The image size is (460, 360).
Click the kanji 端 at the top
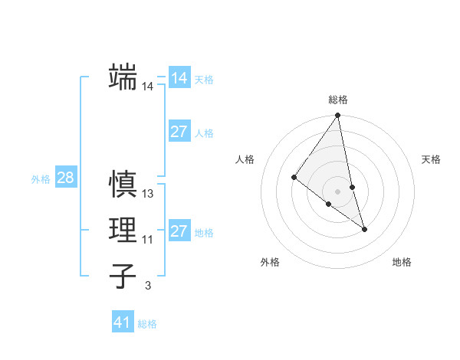click(x=123, y=77)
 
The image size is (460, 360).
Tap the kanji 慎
click(x=123, y=185)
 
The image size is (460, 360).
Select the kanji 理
click(x=123, y=230)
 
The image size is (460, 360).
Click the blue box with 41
click(x=123, y=322)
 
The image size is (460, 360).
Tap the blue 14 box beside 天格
click(x=179, y=78)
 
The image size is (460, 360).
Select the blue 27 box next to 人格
click(x=179, y=132)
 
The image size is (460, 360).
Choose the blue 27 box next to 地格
click(x=179, y=231)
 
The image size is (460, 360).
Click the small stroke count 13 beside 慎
click(x=148, y=195)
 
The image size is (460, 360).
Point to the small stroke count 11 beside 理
click(x=148, y=240)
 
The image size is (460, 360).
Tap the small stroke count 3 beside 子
click(x=148, y=286)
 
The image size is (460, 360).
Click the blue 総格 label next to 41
click(x=147, y=324)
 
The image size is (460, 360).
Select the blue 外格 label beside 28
click(x=41, y=179)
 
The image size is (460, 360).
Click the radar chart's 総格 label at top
click(x=338, y=100)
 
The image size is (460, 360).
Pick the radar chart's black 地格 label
click(x=402, y=263)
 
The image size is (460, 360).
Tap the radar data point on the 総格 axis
click(x=338, y=116)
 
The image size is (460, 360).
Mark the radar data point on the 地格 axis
click(x=364, y=229)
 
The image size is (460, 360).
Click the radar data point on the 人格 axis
click(x=294, y=178)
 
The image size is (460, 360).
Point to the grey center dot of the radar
click(x=338, y=191)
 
